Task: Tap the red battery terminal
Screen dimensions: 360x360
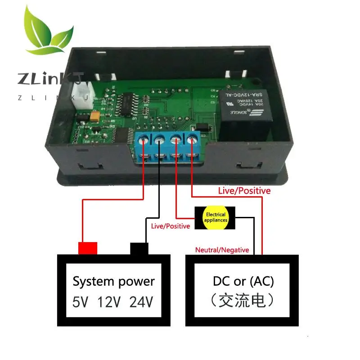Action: (88, 248)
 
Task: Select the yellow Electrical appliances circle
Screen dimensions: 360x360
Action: (216, 218)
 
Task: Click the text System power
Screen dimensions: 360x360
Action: (113, 282)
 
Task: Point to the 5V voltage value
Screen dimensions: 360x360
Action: (81, 301)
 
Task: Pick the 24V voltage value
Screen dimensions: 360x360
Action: (141, 301)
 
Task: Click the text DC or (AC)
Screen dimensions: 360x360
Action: (243, 281)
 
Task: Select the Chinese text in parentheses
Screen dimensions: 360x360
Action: (243, 301)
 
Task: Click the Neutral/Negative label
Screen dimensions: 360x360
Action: (222, 250)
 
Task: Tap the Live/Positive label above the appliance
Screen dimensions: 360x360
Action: (244, 191)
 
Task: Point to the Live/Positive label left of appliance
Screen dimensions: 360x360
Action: (171, 226)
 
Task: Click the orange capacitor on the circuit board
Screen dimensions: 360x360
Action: (95, 116)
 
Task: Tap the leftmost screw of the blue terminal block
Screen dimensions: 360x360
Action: (144, 140)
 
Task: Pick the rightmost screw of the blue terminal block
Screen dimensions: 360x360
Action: (192, 139)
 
